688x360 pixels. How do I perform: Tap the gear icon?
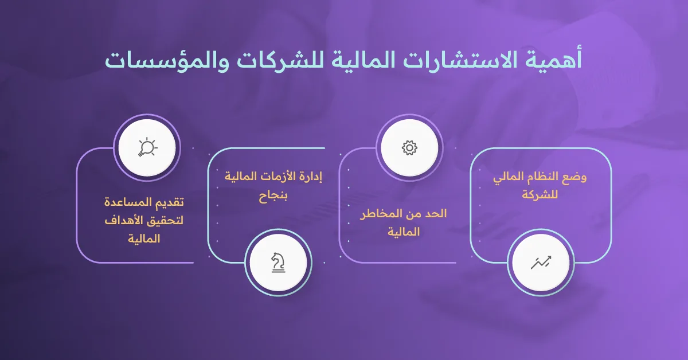[x=409, y=148]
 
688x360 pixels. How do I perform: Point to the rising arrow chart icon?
[x=540, y=263]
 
